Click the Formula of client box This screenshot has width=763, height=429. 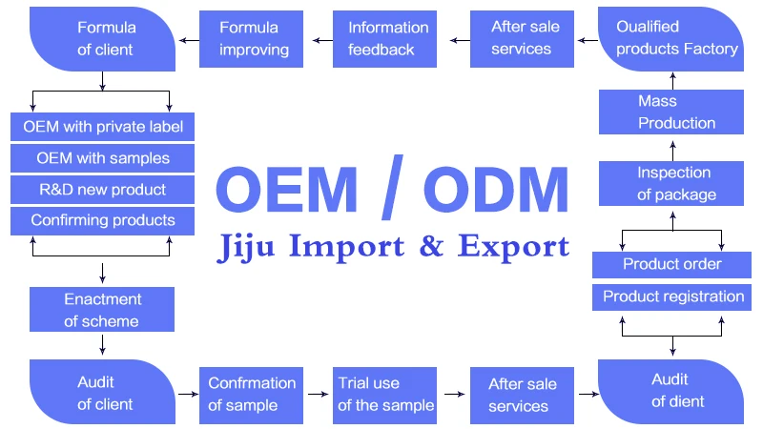click(103, 37)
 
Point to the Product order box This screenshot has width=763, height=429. click(672, 264)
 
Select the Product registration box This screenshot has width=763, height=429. click(672, 296)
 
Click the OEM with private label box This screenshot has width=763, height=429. click(103, 127)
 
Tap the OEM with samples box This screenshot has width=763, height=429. click(103, 157)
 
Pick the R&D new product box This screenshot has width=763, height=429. click(103, 189)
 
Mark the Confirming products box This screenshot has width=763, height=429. click(103, 220)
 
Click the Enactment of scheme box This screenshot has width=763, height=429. click(102, 311)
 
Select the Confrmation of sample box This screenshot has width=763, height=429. click(251, 393)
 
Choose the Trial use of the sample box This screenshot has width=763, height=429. click(385, 393)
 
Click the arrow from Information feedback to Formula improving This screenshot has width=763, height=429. click(316, 39)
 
